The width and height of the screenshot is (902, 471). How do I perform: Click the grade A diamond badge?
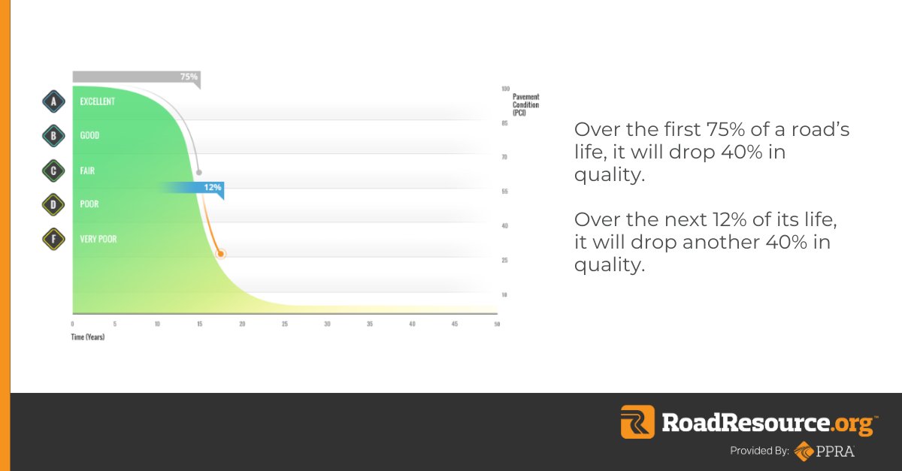[53, 101]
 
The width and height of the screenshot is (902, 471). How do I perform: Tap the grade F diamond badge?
[53, 239]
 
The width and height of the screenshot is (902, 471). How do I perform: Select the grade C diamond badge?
[53, 171]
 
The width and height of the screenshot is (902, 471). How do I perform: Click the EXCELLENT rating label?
[98, 101]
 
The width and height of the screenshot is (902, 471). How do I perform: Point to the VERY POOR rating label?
[98, 240]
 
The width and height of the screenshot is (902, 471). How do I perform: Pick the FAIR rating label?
[87, 171]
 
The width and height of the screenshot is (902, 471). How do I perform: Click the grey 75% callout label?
[188, 77]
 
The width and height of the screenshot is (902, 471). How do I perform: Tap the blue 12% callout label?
[212, 187]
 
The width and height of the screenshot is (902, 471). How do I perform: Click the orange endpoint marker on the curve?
[220, 254]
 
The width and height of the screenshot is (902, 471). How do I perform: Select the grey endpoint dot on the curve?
[198, 173]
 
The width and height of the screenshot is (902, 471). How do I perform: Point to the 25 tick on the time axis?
[285, 324]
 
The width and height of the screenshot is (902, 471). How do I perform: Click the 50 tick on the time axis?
[495, 324]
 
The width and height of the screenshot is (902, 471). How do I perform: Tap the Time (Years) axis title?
[88, 337]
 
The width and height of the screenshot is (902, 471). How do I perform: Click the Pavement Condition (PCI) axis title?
[525, 104]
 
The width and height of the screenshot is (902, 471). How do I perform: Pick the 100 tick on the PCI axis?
[505, 89]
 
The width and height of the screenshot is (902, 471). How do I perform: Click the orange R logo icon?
[637, 422]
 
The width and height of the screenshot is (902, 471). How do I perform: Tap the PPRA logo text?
[839, 451]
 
